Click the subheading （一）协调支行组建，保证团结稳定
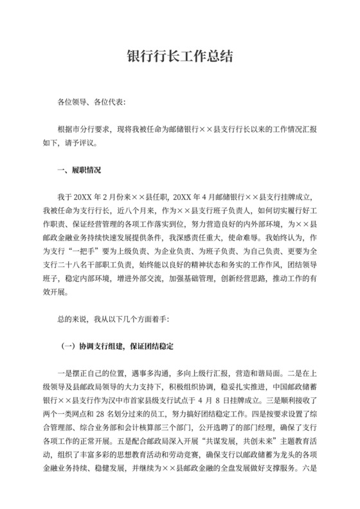tap(116, 346)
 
